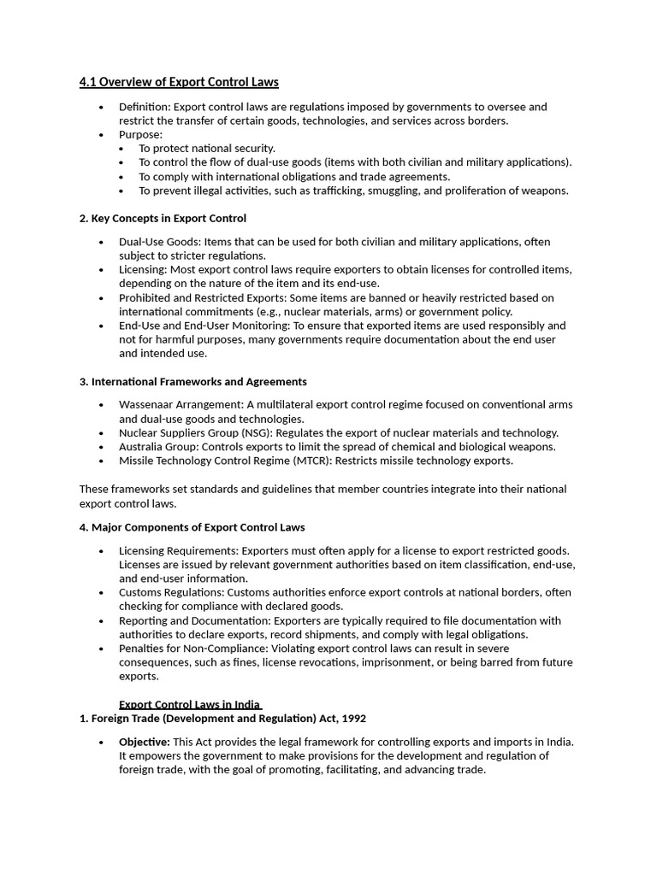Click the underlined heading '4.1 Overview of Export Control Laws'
tap(179, 82)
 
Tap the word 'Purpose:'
tap(140, 134)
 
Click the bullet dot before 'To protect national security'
tap(121, 149)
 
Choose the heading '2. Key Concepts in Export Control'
tap(163, 218)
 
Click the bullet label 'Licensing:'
tap(143, 269)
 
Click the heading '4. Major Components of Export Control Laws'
tap(192, 527)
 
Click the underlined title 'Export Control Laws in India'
tap(189, 705)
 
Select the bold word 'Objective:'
tap(144, 742)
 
